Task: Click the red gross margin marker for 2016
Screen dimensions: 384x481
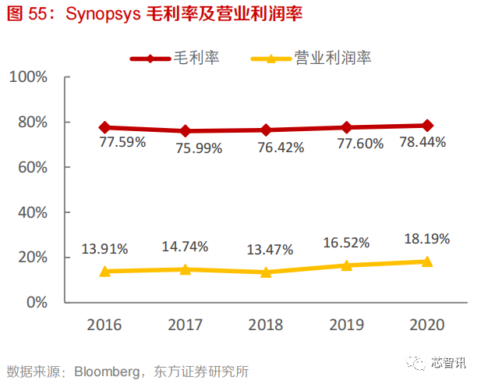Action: (105, 127)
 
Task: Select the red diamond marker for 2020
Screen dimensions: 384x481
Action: (427, 125)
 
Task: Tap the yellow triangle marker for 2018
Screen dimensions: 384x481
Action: (266, 272)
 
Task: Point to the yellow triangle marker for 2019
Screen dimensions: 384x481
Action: (347, 265)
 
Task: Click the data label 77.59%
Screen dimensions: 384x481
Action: (122, 144)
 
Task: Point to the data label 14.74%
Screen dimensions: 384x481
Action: (185, 247)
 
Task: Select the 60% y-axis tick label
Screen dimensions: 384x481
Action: (31, 167)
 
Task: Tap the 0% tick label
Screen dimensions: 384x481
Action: (36, 302)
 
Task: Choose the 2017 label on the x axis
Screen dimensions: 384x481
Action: (185, 325)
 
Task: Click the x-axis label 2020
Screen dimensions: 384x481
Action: (427, 325)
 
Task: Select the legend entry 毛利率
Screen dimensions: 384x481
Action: (195, 58)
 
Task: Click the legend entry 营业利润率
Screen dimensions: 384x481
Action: (332, 58)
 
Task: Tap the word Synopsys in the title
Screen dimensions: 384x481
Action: (104, 15)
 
